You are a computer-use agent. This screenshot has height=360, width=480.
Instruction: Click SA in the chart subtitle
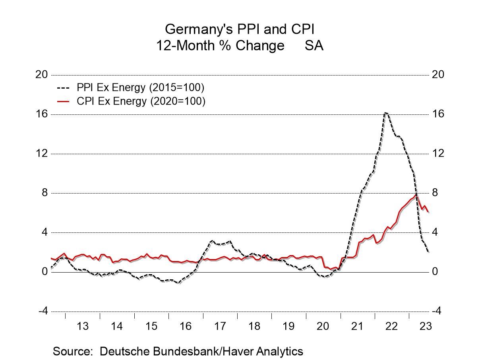pyautogui.click(x=314, y=46)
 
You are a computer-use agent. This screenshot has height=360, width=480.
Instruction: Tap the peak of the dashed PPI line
pyautogui.click(x=385, y=113)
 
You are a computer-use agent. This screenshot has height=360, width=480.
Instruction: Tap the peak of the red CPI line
pyautogui.click(x=416, y=194)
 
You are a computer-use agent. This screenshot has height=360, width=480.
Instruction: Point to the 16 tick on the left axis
pyautogui.click(x=42, y=114)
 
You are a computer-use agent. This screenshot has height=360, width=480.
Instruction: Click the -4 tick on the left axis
pyautogui.click(x=43, y=311)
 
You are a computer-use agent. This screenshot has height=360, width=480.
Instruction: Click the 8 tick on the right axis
pyautogui.click(x=435, y=193)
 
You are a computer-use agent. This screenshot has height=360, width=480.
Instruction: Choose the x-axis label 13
pyautogui.click(x=82, y=326)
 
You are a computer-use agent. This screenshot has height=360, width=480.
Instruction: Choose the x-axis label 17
pyautogui.click(x=220, y=326)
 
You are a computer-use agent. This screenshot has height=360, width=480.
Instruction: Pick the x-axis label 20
pyautogui.click(x=323, y=326)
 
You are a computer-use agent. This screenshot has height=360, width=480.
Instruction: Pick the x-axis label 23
pyautogui.click(x=425, y=326)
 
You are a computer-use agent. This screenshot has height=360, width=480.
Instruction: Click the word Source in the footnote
pyautogui.click(x=72, y=351)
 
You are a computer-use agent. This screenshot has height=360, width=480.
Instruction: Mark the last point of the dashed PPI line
pyautogui.click(x=428, y=252)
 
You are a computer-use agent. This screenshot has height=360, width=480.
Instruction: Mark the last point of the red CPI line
pyautogui.click(x=428, y=212)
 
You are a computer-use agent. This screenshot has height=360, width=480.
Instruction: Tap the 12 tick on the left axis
pyautogui.click(x=42, y=153)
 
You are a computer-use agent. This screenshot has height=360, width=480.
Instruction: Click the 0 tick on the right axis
pyautogui.click(x=435, y=272)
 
